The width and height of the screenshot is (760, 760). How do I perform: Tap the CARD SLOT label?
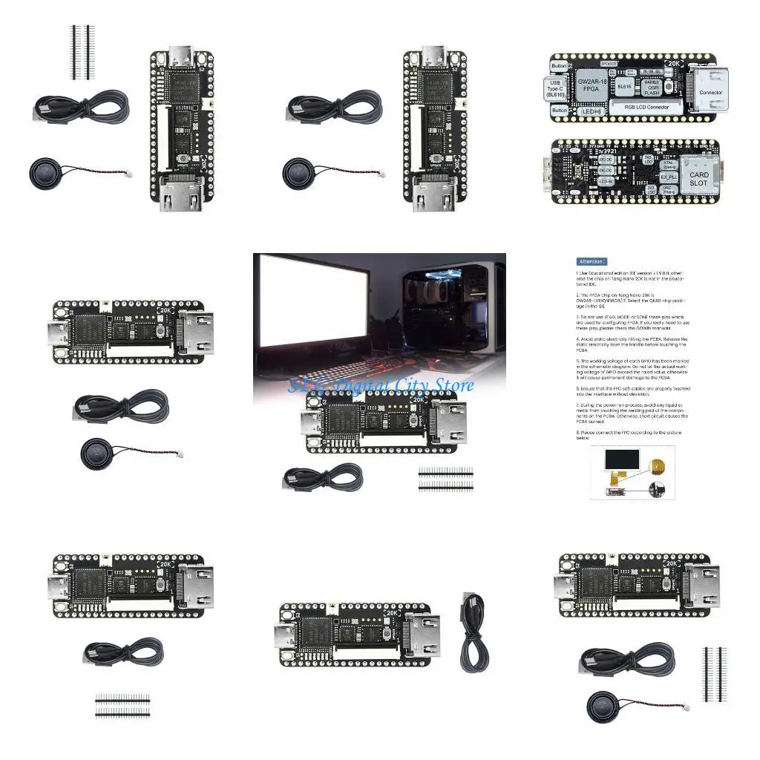coord(698,180)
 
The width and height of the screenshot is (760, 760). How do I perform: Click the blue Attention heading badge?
coord(591,261)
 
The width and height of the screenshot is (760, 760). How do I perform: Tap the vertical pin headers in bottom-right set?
coord(713,675)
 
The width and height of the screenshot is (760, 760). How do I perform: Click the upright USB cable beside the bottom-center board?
coord(473,632)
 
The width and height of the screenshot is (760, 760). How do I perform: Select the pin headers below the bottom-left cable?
coord(122,705)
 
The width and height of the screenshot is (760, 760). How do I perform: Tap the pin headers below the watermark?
coord(445,479)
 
